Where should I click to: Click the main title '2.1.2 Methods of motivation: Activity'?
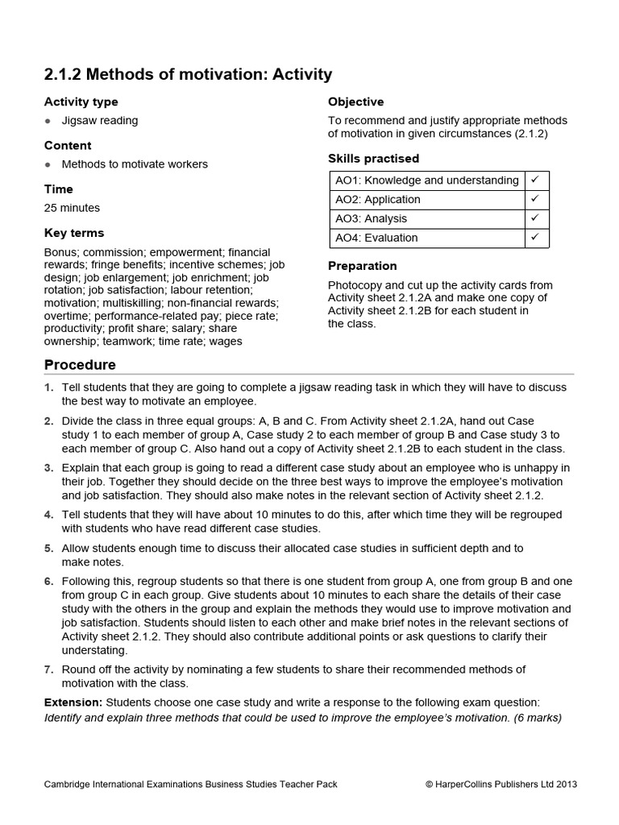point(188,75)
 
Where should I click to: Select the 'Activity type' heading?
point(81,102)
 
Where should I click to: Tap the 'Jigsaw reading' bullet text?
point(100,121)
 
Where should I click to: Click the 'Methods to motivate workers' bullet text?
point(135,164)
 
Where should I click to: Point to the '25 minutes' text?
point(72,208)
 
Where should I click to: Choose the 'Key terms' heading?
point(74,233)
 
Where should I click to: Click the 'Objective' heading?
point(355,102)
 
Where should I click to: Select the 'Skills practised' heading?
point(373,159)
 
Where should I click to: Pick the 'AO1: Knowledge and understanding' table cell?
point(426,180)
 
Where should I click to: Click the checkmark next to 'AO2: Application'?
point(536,199)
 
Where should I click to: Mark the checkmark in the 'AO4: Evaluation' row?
point(536,238)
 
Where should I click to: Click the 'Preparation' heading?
point(363,266)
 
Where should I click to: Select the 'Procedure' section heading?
point(80,365)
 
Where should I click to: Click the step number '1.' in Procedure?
point(48,388)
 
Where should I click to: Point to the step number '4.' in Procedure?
point(48,514)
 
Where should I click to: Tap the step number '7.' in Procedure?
point(48,670)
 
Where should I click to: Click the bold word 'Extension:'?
point(73,703)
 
